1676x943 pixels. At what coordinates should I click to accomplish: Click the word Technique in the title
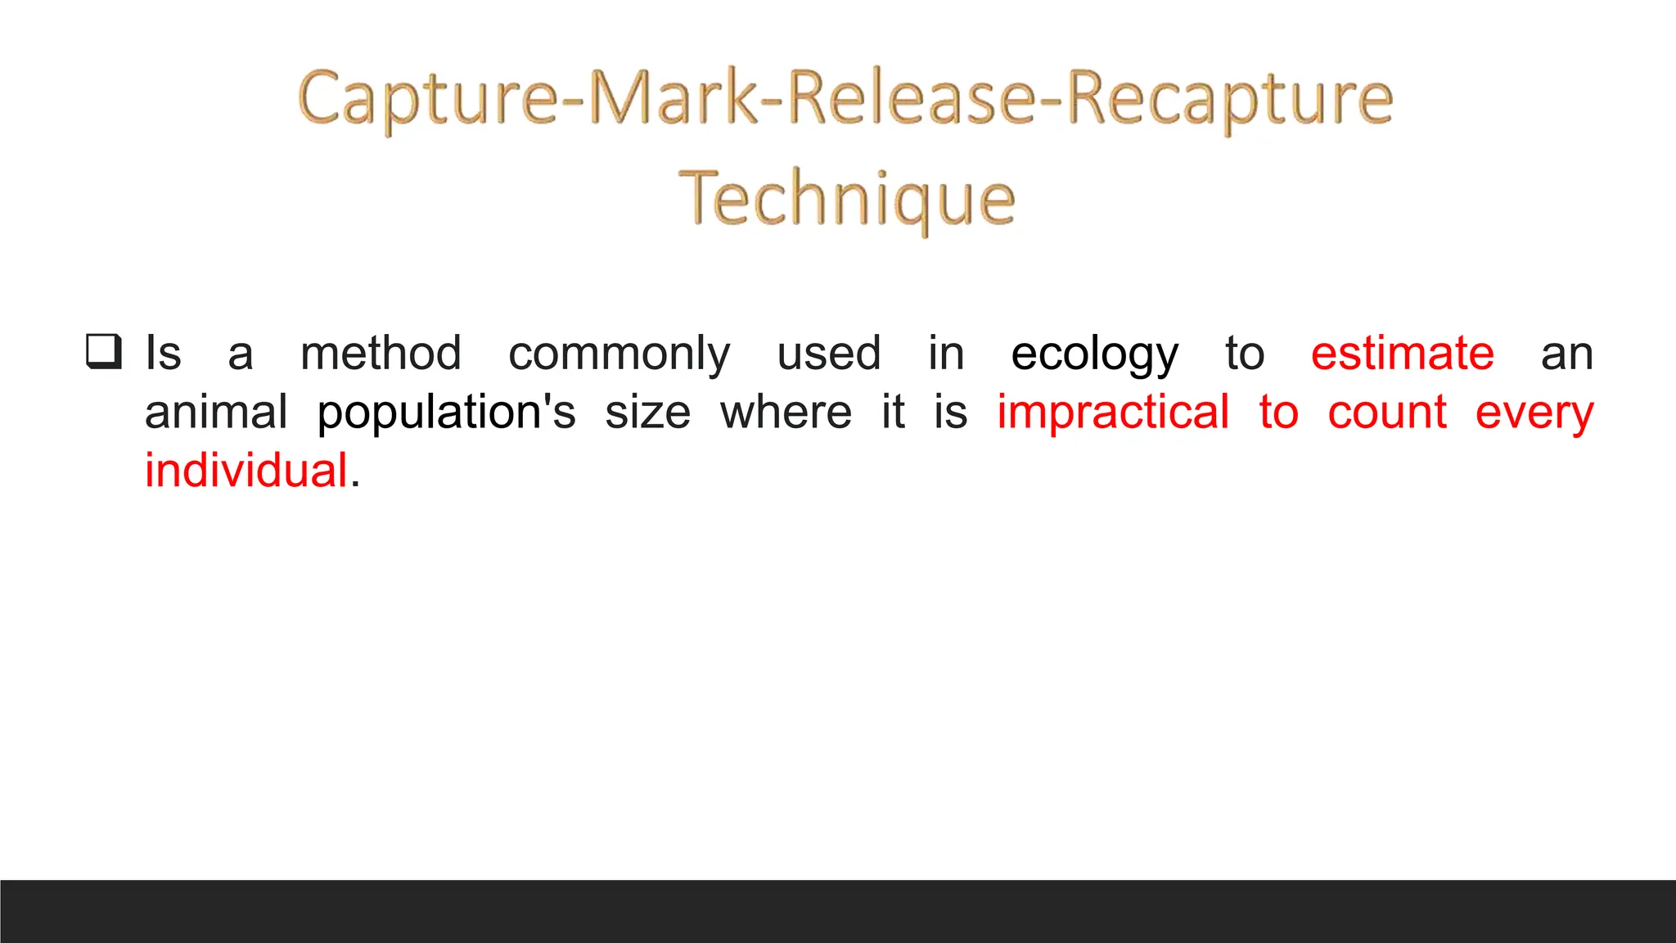847,198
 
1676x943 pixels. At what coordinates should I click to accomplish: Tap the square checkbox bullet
104,351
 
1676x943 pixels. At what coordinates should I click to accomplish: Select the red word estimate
1402,354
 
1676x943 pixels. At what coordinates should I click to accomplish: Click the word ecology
1094,355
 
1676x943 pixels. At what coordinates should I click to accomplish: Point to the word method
381,354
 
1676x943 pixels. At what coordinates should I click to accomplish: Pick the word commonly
619,355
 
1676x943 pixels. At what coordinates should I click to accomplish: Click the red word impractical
1113,413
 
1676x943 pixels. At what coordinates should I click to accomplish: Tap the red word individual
246,471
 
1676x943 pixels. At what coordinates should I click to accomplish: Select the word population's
446,413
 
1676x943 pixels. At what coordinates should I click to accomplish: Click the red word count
1387,413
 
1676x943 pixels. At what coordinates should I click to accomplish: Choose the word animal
216,412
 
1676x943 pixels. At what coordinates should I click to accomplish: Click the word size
647,413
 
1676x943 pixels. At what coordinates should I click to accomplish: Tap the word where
786,413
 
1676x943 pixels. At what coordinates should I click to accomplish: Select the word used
828,354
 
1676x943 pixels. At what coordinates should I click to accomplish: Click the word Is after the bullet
163,354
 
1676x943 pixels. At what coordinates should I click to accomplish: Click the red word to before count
1278,413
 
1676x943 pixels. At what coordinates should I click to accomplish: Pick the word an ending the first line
1566,355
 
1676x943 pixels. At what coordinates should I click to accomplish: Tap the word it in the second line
893,412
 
